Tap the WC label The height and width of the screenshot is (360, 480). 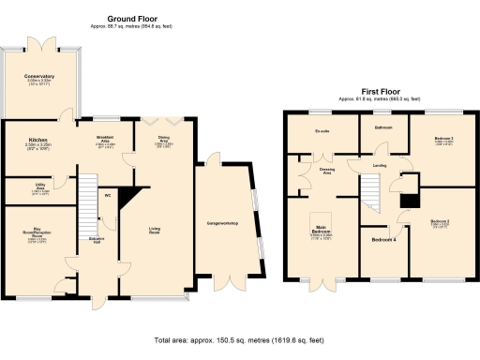109,195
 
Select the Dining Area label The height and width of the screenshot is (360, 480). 164,142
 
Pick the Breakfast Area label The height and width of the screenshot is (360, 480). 106,142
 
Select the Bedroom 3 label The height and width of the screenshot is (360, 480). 443,138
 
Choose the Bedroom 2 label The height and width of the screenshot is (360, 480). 442,221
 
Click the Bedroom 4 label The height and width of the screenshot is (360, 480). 383,241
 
